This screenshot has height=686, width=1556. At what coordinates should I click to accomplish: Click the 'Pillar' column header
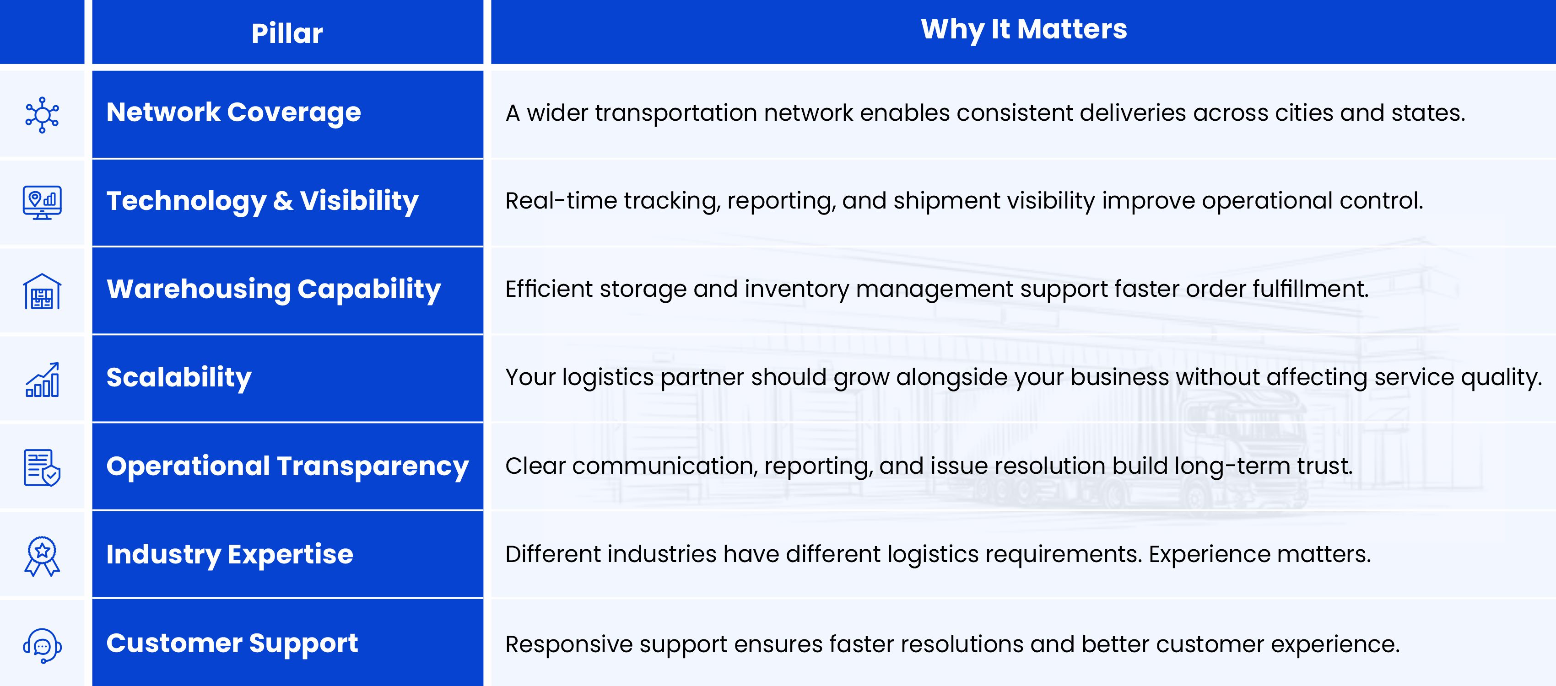(x=287, y=33)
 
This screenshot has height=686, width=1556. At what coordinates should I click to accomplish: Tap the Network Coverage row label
(x=234, y=113)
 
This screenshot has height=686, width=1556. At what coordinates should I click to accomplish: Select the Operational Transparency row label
(x=287, y=466)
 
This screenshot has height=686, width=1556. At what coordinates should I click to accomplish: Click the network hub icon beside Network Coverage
(x=42, y=115)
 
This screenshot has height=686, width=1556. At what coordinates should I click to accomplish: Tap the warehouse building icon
(x=42, y=292)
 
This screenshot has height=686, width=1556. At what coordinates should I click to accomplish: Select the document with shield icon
(x=42, y=467)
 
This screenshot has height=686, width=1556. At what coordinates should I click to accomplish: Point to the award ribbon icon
(x=42, y=556)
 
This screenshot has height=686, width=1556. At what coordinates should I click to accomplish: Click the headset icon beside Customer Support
(x=42, y=646)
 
